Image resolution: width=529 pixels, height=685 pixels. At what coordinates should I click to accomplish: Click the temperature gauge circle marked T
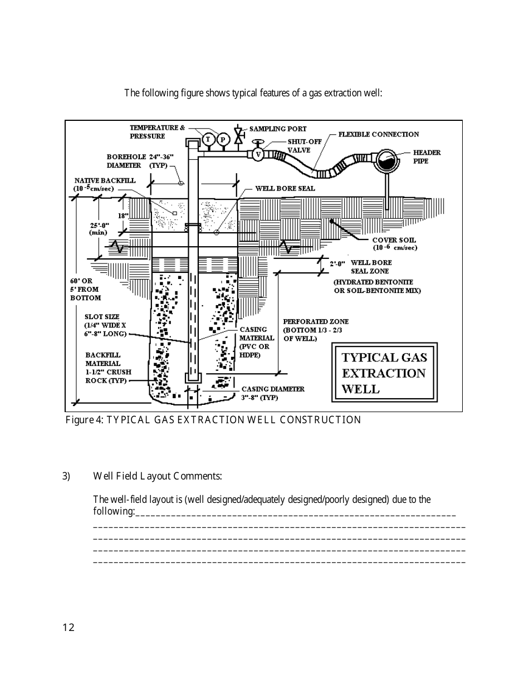pyautogui.click(x=209, y=139)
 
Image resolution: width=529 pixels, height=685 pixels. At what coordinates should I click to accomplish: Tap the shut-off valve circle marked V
pyautogui.click(x=258, y=154)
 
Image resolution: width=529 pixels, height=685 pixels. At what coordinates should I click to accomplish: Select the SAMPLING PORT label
pyautogui.click(x=277, y=129)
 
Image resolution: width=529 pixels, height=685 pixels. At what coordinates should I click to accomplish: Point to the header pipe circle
pyautogui.click(x=385, y=160)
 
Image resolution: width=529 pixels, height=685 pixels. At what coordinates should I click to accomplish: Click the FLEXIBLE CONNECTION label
pyautogui.click(x=378, y=134)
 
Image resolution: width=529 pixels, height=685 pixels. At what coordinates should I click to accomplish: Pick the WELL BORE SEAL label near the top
pyautogui.click(x=285, y=188)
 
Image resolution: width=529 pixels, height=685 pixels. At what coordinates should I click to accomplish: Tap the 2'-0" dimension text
pyautogui.click(x=337, y=263)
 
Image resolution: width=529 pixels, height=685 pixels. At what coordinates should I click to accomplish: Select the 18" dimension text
pyautogui.click(x=123, y=216)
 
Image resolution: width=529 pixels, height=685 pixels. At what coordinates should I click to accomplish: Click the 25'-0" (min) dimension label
pyautogui.click(x=100, y=228)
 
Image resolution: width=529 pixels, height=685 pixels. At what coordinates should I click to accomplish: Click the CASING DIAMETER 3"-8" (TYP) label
pyautogui.click(x=272, y=393)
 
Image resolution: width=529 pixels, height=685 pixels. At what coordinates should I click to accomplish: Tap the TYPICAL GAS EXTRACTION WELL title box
pyautogui.click(x=384, y=373)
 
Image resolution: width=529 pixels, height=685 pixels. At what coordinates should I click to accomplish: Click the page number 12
pyautogui.click(x=68, y=628)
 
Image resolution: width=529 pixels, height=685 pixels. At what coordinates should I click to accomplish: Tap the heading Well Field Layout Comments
pyautogui.click(x=158, y=476)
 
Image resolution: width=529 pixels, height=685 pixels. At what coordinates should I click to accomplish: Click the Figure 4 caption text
pyautogui.click(x=213, y=420)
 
